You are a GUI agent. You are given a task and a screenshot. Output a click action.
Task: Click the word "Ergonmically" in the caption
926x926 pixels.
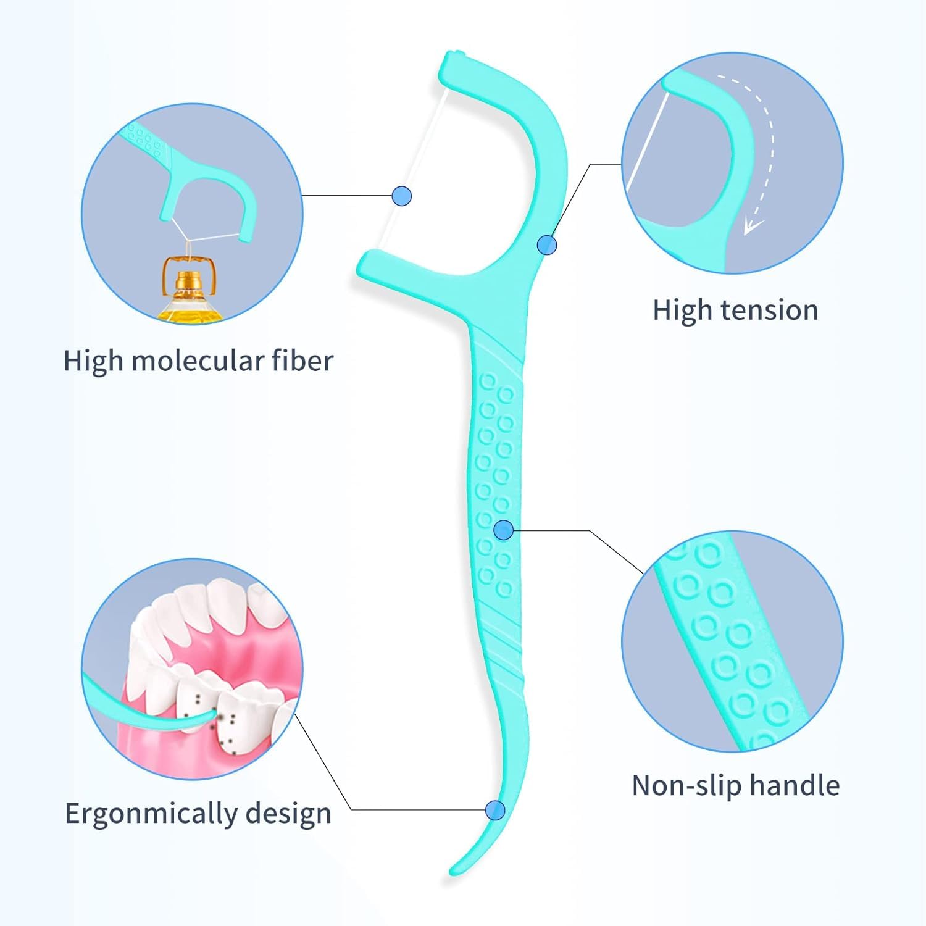[151, 814]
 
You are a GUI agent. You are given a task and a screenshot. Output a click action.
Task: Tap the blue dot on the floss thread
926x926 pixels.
[401, 196]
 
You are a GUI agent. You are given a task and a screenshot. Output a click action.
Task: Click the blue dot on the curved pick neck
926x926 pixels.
[546, 245]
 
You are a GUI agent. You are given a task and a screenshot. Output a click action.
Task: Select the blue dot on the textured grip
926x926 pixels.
[504, 530]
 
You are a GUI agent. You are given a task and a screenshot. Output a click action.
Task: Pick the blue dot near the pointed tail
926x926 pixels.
[494, 810]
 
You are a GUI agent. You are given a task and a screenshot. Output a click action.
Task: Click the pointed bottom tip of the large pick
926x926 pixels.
[454, 870]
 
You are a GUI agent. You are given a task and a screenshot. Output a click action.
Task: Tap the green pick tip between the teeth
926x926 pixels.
[213, 714]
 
